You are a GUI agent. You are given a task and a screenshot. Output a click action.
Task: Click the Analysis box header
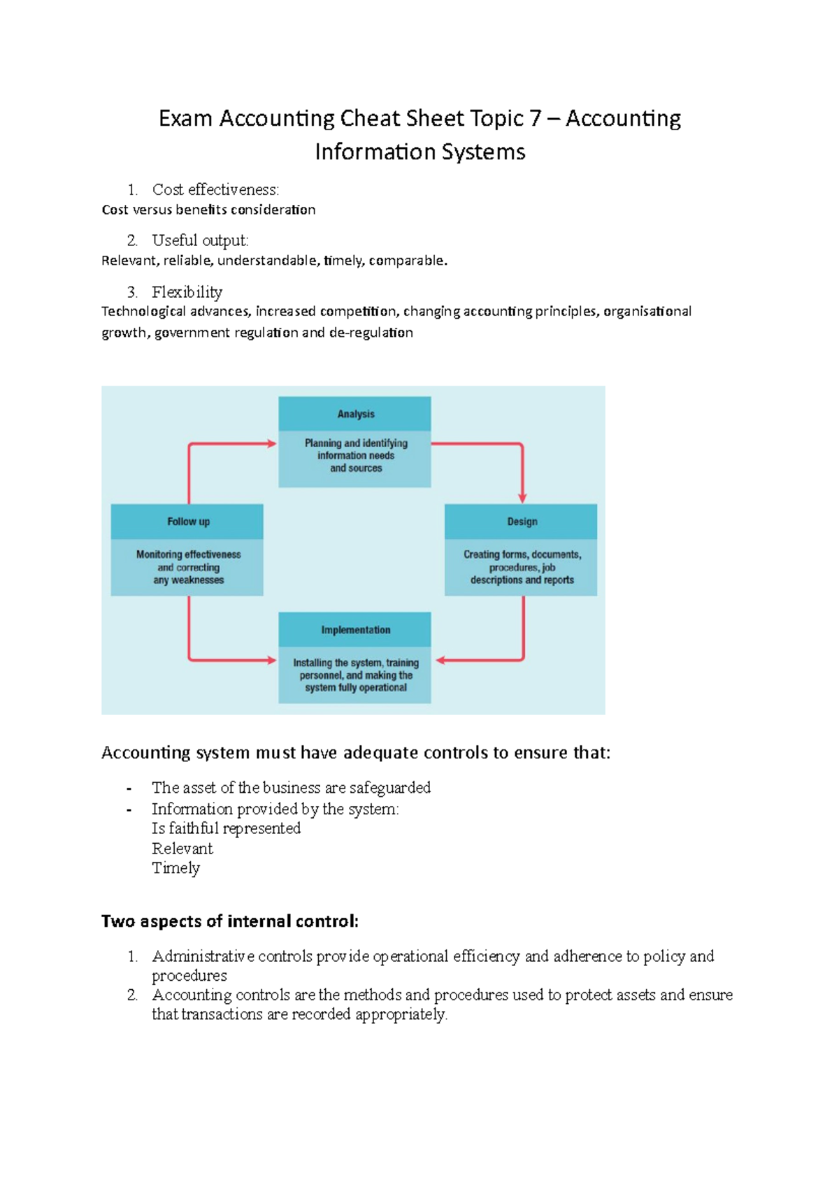(355, 414)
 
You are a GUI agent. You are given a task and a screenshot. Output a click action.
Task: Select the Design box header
(522, 521)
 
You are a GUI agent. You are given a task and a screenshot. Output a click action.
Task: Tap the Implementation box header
(355, 630)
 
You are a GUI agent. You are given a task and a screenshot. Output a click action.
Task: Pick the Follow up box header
(188, 521)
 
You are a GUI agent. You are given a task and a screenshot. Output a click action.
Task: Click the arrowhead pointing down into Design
(522, 497)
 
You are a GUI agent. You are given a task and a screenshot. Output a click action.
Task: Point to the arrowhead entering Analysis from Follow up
(271, 443)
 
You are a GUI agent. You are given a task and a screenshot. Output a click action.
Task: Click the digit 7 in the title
(535, 118)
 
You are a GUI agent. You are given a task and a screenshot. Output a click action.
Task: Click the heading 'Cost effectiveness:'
(215, 189)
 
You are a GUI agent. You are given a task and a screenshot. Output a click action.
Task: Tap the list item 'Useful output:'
(200, 240)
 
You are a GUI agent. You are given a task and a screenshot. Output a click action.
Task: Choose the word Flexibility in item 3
(187, 292)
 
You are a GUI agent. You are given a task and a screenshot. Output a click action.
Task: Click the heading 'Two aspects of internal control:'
(229, 921)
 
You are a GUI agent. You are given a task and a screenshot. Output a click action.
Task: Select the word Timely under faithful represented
(175, 868)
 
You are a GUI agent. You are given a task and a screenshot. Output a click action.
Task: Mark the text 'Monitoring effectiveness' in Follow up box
(188, 554)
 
